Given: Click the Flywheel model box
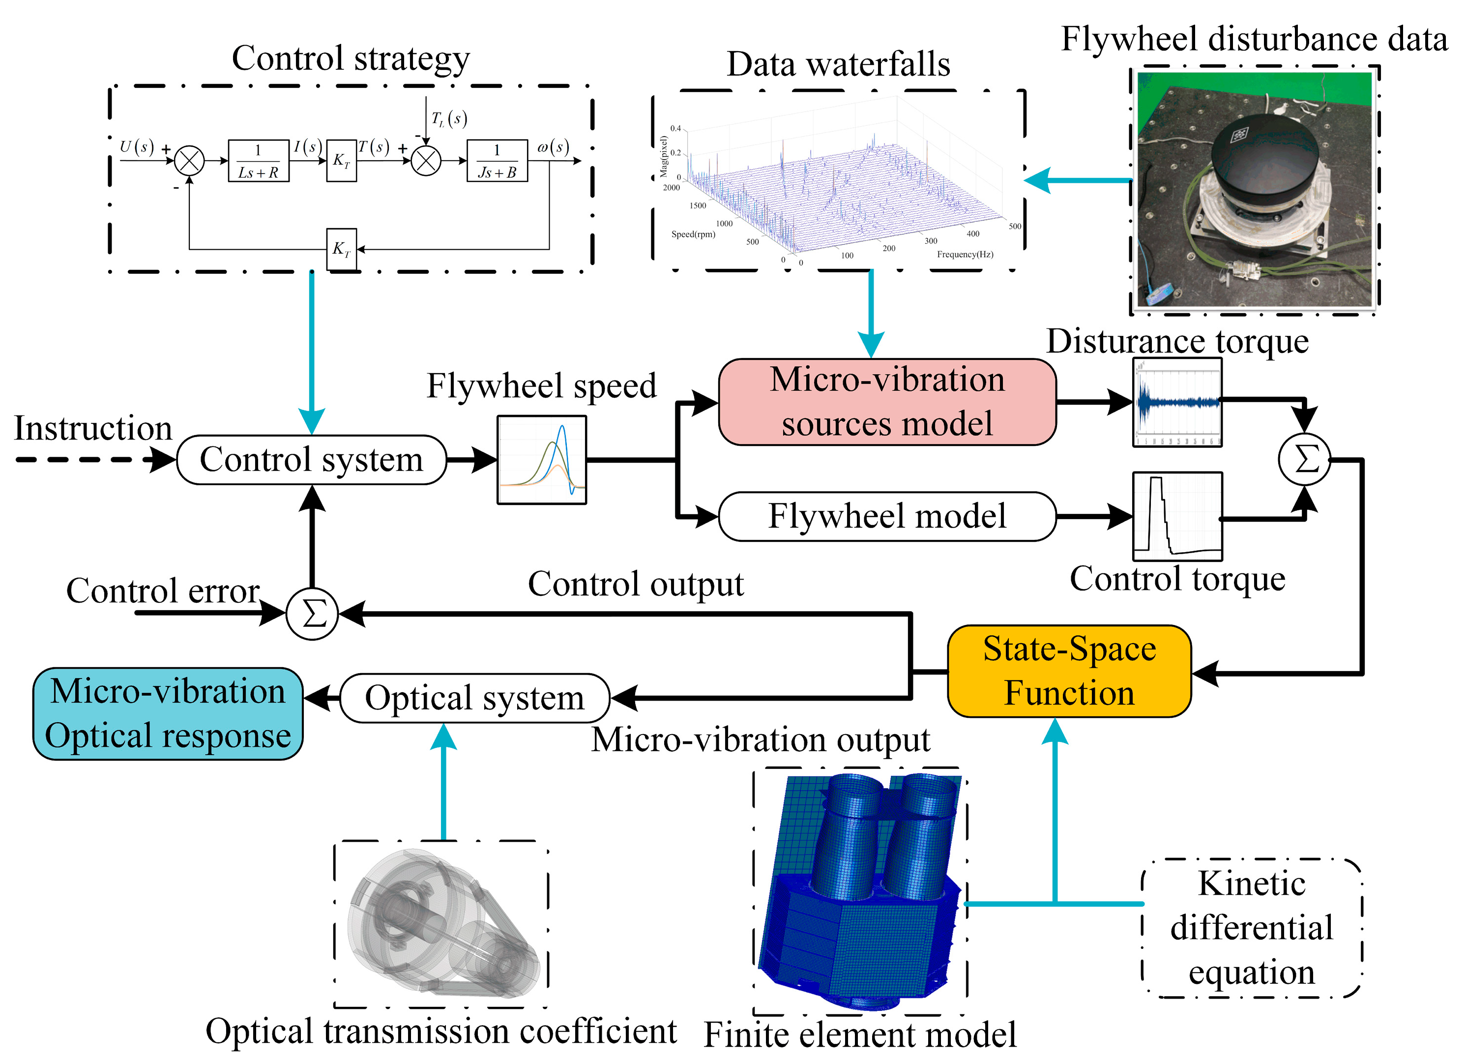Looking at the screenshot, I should (x=887, y=516).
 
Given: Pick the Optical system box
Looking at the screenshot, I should (x=474, y=698).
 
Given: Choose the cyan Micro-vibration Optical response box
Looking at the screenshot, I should (x=168, y=713).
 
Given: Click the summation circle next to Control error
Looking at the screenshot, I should (x=312, y=614).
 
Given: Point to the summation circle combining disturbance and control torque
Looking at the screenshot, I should (x=1304, y=460).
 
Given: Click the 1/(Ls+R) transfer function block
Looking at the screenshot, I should (x=258, y=161).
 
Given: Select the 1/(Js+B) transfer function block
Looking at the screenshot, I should (x=497, y=161).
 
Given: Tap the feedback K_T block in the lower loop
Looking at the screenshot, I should (x=341, y=249).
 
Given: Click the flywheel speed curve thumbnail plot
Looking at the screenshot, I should (x=542, y=460).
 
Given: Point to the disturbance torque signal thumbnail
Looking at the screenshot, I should (x=1177, y=402).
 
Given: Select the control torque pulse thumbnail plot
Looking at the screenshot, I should (x=1177, y=516).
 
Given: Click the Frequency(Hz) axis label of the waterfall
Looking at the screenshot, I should (x=965, y=255).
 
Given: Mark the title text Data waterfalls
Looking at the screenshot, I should (x=838, y=64).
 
